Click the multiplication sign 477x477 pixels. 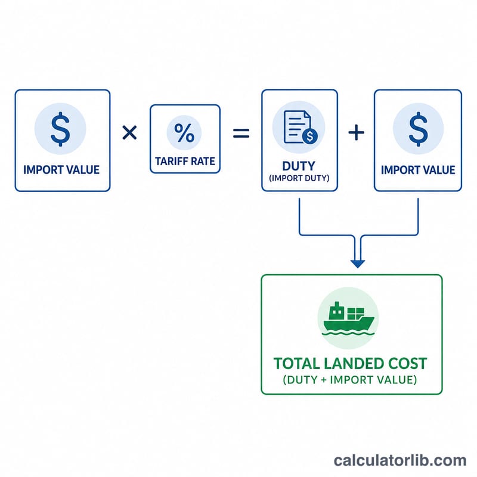(x=129, y=132)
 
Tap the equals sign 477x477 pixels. (x=241, y=133)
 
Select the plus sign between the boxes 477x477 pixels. (x=356, y=132)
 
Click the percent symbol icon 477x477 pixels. (x=184, y=132)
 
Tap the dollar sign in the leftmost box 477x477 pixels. (x=60, y=129)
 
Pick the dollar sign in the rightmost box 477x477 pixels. (x=419, y=129)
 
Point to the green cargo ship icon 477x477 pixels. (x=349, y=318)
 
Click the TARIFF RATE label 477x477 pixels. (x=185, y=161)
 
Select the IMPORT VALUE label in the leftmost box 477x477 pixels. (x=61, y=170)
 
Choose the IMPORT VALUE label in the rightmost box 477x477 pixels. (x=419, y=170)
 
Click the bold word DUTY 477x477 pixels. (x=299, y=166)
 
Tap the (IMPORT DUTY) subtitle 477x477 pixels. (x=299, y=178)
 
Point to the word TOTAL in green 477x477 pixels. (x=292, y=364)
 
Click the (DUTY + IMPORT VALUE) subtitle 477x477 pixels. (x=350, y=380)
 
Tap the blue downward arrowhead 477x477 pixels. (x=358, y=264)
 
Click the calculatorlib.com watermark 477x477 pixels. (x=400, y=460)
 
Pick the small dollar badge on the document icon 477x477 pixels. (x=310, y=136)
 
